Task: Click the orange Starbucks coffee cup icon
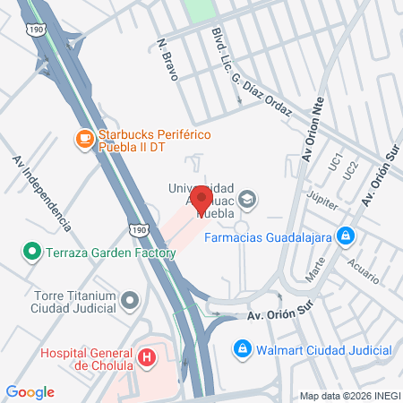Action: (84, 140)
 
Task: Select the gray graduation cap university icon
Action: (248, 201)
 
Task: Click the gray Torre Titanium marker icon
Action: (132, 300)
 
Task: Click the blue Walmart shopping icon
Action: (241, 348)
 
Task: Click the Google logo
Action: (30, 391)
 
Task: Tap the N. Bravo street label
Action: (167, 60)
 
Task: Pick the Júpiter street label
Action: (322, 202)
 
